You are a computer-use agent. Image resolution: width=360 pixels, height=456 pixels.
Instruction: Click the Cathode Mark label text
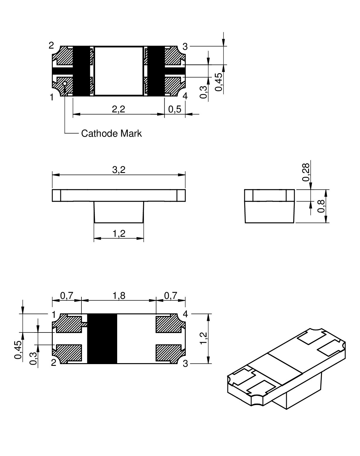[111, 133]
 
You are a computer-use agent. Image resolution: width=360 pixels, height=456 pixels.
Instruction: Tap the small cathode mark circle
[65, 84]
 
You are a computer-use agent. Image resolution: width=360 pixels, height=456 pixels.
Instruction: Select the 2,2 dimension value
[119, 109]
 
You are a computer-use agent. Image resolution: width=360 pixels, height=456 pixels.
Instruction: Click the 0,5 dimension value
[175, 109]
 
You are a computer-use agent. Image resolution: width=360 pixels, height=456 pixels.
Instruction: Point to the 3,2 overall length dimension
[119, 170]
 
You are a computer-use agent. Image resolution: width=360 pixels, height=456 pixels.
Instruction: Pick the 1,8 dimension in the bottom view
[119, 296]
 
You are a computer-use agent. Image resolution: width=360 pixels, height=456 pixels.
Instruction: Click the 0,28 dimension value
[306, 172]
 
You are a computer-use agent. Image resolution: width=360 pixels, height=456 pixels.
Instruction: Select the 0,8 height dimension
[322, 206]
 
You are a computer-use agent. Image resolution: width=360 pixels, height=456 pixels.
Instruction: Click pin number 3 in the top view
[185, 47]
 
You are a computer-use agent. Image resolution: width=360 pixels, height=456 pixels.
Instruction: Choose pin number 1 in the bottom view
[54, 315]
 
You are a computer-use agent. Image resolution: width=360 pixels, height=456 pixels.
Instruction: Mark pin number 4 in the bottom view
[185, 314]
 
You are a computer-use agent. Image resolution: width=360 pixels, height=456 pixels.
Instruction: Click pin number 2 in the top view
[51, 46]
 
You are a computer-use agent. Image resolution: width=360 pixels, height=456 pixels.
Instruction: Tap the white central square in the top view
[119, 71]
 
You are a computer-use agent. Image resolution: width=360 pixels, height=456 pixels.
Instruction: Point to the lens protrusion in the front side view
[119, 212]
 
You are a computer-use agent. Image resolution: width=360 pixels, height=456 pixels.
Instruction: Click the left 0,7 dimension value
[66, 296]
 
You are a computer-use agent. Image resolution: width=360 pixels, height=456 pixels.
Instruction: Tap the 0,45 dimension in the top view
[219, 82]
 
